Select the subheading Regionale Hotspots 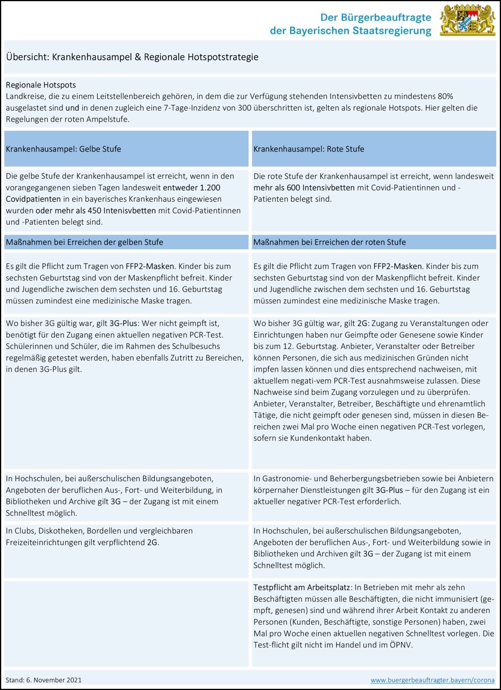click(41, 85)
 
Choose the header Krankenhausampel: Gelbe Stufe click(63, 149)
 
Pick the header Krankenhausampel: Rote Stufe click(309, 149)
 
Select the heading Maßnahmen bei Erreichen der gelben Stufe click(84, 242)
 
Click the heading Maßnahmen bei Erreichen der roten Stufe click(329, 242)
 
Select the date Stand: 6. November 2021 click(43, 679)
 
